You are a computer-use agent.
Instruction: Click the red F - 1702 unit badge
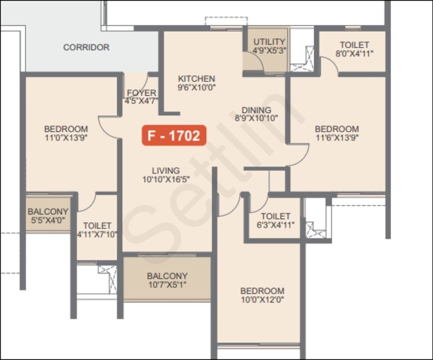(x=174, y=135)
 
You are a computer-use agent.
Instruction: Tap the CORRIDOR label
(x=87, y=47)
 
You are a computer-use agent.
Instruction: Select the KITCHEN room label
(x=196, y=79)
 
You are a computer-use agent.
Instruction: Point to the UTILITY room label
(x=269, y=42)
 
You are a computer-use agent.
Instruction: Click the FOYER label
(x=142, y=93)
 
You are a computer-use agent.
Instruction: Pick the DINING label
(x=256, y=110)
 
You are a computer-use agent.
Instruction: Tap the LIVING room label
(x=166, y=171)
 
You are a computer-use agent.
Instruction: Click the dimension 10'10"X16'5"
(x=166, y=180)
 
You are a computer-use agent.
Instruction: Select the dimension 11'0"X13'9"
(x=66, y=138)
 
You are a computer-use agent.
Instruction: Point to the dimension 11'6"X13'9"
(x=337, y=138)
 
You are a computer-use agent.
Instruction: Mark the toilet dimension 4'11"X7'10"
(x=97, y=234)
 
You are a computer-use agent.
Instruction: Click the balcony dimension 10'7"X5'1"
(x=167, y=285)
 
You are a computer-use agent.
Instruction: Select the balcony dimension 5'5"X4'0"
(x=48, y=220)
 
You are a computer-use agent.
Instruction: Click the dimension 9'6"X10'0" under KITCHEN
(x=196, y=87)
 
